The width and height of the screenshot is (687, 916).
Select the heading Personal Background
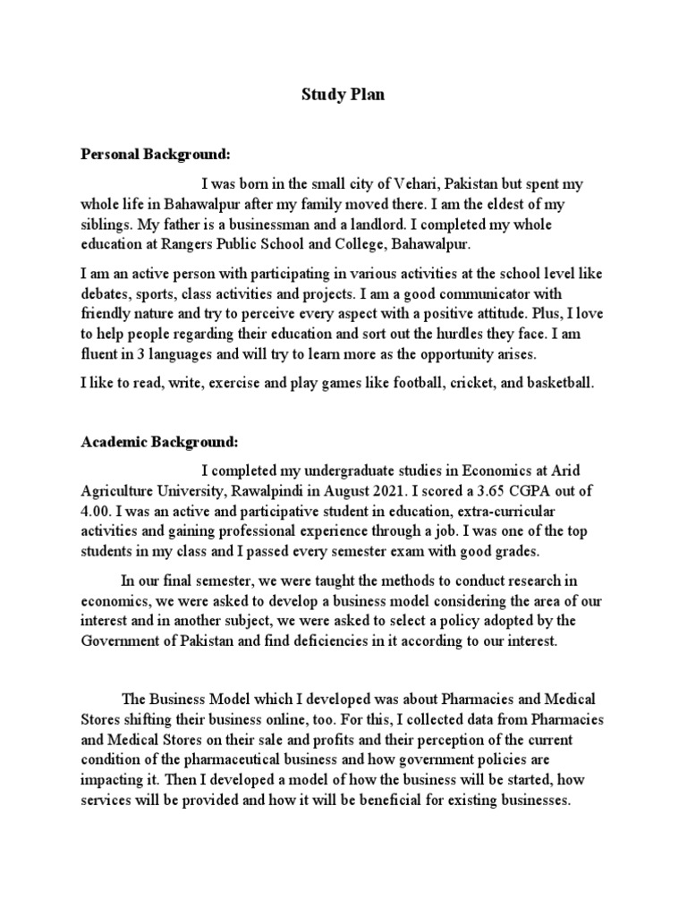point(157,154)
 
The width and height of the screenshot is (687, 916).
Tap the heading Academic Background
point(160,441)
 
